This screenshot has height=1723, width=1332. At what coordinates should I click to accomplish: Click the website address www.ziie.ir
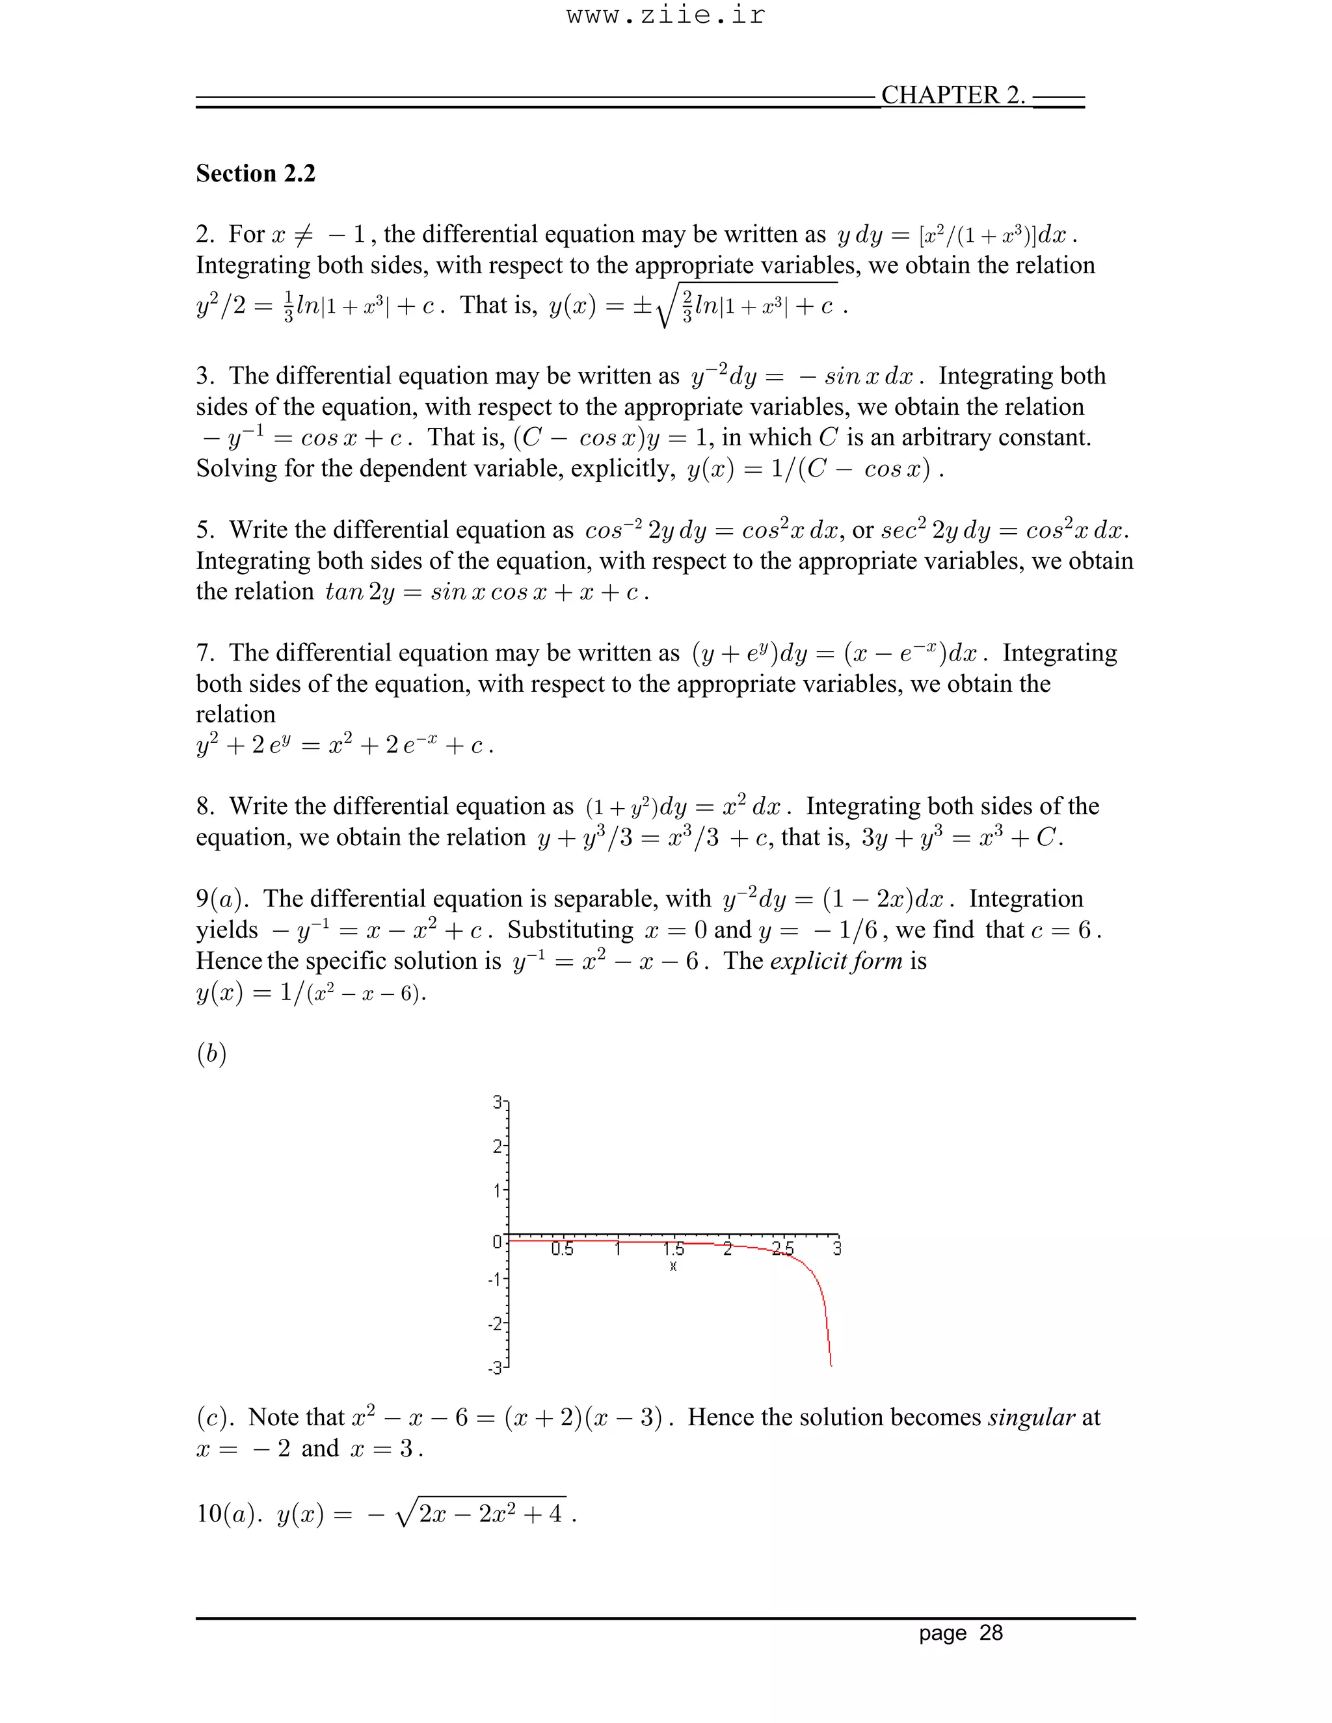[665, 16]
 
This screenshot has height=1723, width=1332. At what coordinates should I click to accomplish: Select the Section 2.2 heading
[256, 174]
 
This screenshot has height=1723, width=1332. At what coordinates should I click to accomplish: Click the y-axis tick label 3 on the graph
[497, 1102]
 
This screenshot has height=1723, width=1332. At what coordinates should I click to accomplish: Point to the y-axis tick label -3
[495, 1367]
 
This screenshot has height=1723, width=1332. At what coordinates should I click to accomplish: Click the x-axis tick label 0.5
[562, 1250]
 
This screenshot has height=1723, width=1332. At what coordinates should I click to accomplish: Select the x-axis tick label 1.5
[673, 1250]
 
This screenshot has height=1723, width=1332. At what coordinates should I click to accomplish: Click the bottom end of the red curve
[831, 1363]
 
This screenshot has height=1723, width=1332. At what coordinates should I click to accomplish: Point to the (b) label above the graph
[211, 1054]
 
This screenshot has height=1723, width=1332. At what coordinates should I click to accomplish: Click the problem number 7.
[203, 653]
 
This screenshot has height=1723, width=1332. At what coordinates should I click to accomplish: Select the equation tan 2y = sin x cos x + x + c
[487, 592]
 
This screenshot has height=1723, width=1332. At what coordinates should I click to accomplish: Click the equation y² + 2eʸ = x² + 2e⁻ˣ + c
[345, 746]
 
